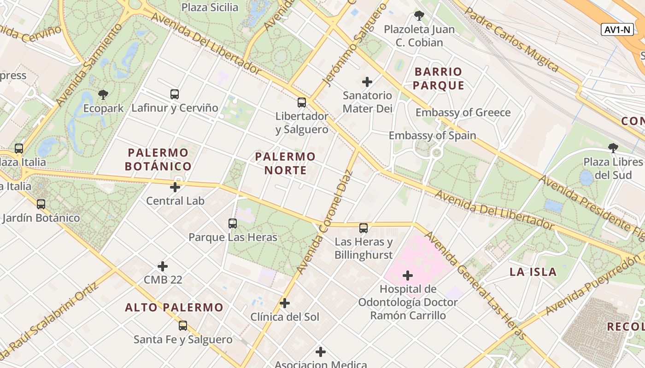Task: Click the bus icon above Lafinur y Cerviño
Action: click(175, 94)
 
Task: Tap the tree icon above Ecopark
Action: click(103, 95)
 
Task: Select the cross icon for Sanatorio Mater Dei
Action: click(367, 82)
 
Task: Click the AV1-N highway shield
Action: click(617, 29)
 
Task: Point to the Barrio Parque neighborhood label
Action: click(438, 78)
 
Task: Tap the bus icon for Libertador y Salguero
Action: click(302, 103)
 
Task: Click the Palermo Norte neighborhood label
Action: click(285, 163)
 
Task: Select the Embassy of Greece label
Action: click(463, 113)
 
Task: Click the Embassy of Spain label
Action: click(432, 136)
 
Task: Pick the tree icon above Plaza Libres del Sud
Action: click(613, 148)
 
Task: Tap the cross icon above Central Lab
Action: click(175, 187)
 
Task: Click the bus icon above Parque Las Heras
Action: click(233, 224)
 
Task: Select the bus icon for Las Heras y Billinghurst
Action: click(364, 228)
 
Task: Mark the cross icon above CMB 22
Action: click(163, 266)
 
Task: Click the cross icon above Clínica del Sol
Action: click(285, 303)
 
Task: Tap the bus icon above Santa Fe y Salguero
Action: click(183, 326)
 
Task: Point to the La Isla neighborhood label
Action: click(533, 272)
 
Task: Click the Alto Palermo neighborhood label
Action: click(174, 307)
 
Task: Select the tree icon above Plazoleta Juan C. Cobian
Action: click(419, 16)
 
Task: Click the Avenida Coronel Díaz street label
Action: click(325, 223)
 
